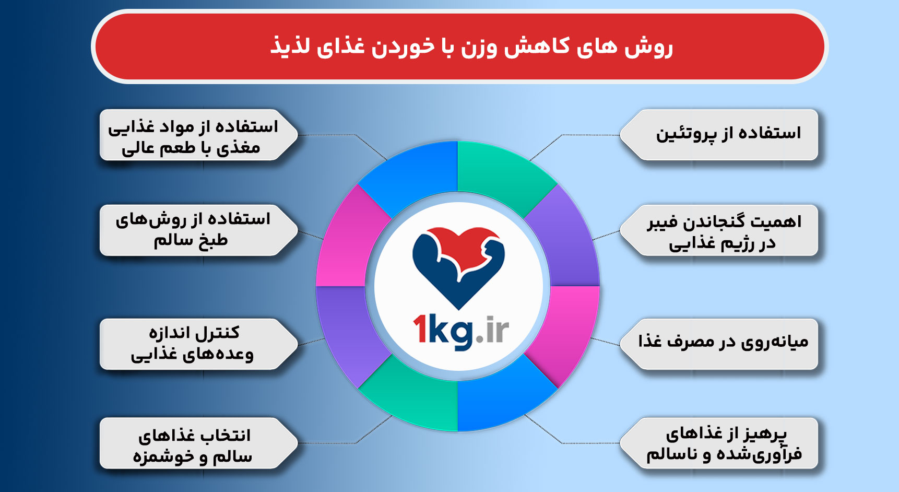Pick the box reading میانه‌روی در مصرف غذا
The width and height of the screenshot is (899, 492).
pyautogui.click(x=723, y=343)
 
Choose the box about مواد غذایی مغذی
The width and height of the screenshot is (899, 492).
pyautogui.click(x=193, y=135)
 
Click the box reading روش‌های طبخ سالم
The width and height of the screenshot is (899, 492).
pyautogui.click(x=193, y=230)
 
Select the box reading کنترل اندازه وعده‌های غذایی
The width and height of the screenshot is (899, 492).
pyautogui.click(x=193, y=344)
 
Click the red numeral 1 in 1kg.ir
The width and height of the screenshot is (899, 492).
pyautogui.click(x=421, y=329)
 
